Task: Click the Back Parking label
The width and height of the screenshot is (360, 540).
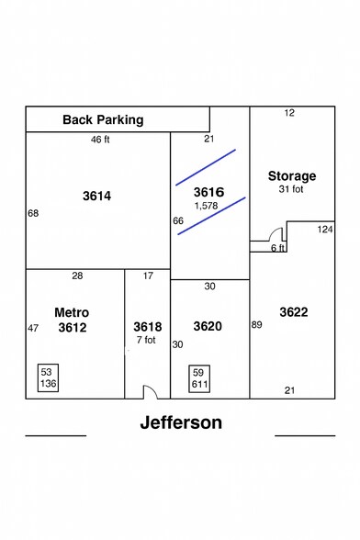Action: (x=102, y=120)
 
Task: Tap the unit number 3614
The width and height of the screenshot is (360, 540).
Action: (x=96, y=196)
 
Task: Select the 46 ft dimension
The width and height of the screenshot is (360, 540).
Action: (x=100, y=140)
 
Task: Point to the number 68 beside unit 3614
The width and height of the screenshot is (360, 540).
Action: (x=33, y=213)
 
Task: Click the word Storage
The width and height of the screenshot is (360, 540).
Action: (x=291, y=175)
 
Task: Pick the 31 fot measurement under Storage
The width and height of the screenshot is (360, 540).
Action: (x=291, y=189)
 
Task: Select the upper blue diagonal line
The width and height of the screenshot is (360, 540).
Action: (x=206, y=166)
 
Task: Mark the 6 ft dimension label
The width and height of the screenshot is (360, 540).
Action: (x=277, y=248)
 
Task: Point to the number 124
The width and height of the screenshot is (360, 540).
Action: (x=326, y=229)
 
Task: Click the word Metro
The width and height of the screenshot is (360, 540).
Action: (x=71, y=311)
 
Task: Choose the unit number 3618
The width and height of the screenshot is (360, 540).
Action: (x=147, y=327)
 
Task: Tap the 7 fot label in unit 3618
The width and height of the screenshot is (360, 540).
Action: (x=147, y=340)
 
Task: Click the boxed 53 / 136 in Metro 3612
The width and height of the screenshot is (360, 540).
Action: (x=48, y=377)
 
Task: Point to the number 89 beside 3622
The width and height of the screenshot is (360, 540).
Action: (x=258, y=324)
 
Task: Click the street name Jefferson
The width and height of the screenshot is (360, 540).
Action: (x=181, y=423)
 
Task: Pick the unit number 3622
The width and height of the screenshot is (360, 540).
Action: (x=294, y=312)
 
